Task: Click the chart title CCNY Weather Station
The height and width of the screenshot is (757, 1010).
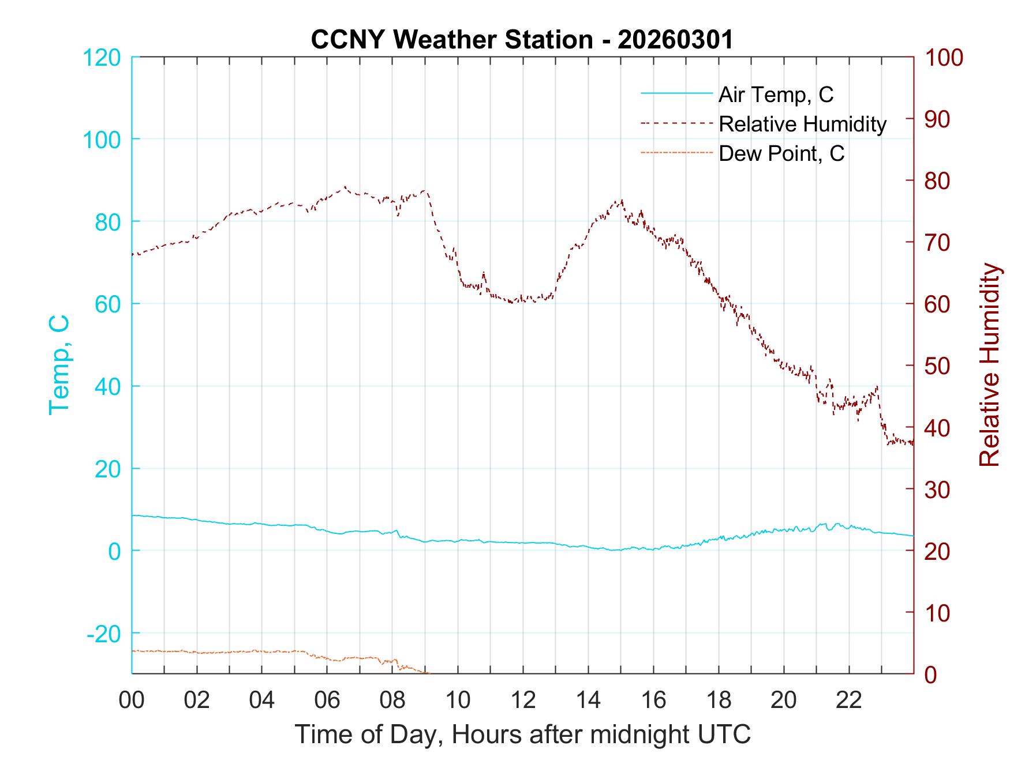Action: [x=522, y=40]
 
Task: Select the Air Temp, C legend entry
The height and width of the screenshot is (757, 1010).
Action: [x=775, y=94]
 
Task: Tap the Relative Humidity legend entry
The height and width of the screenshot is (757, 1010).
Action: [x=802, y=124]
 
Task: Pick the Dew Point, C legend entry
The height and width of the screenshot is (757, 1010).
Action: [x=781, y=153]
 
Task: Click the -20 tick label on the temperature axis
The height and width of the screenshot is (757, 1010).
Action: [x=104, y=634]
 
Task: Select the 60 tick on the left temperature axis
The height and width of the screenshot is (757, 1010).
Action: [x=107, y=304]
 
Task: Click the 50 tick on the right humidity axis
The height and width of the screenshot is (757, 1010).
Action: [x=938, y=366]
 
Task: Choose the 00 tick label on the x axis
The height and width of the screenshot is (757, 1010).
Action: [x=132, y=700]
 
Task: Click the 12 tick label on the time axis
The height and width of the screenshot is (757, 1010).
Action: [x=523, y=700]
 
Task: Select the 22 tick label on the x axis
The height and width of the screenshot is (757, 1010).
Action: [x=849, y=700]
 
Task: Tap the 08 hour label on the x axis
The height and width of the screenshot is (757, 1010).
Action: [x=392, y=700]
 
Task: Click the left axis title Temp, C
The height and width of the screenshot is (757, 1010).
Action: [x=59, y=365]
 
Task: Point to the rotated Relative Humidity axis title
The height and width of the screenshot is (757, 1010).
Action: [x=989, y=365]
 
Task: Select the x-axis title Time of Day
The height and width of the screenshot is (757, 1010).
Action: [x=523, y=734]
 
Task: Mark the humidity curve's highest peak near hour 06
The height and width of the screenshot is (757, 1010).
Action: [x=345, y=187]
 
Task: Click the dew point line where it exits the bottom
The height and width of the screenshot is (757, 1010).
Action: [x=427, y=672]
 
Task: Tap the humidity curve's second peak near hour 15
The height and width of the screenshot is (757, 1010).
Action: [x=621, y=201]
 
